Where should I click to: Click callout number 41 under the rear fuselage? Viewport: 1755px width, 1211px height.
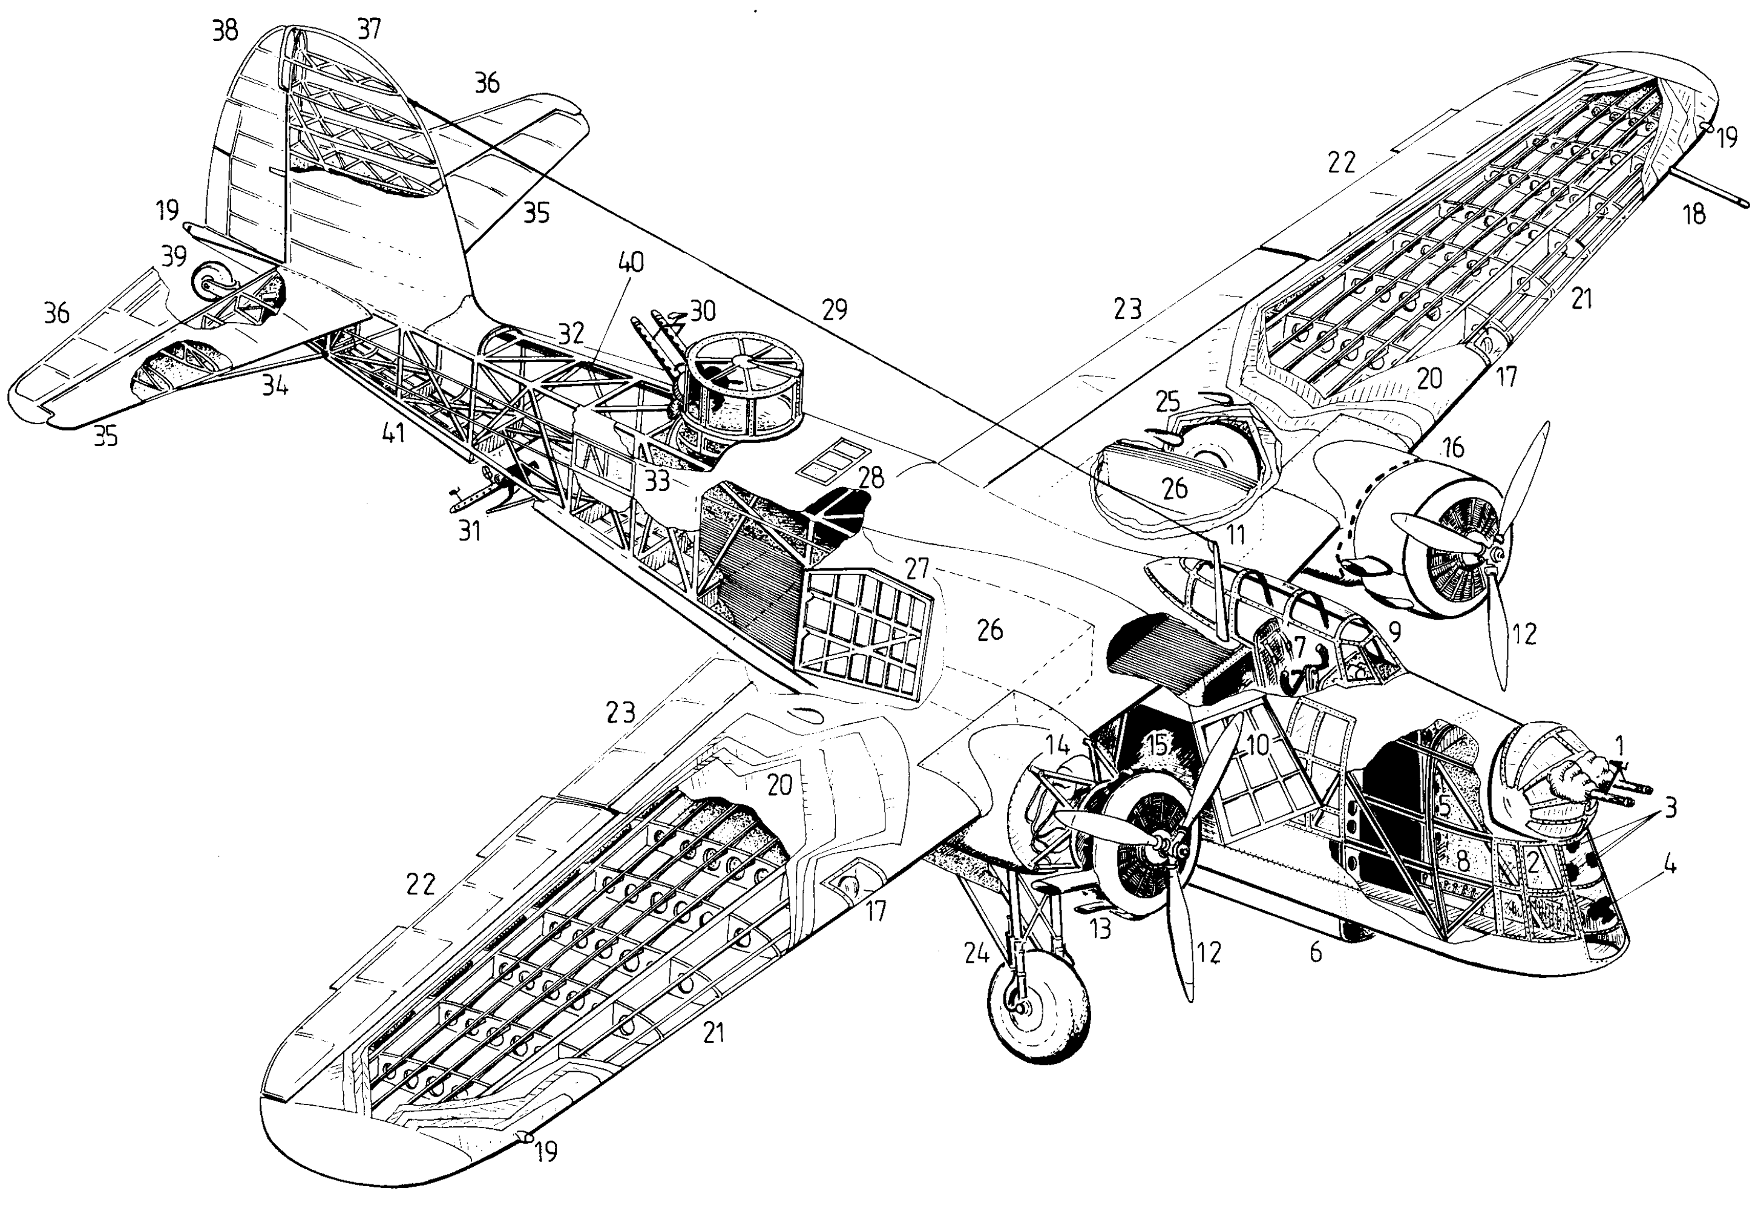[x=393, y=434]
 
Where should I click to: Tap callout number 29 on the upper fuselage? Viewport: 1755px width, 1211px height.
[x=835, y=310]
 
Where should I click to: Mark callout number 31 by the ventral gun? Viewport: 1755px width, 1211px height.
[x=470, y=530]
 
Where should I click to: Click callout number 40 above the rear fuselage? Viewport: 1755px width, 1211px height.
[x=631, y=263]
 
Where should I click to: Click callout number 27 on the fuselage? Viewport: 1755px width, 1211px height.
[x=917, y=568]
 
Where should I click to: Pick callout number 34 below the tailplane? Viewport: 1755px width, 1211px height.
[x=275, y=386]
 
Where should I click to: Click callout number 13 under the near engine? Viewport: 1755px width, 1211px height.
[x=1100, y=927]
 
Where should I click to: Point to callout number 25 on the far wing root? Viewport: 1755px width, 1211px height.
[x=1169, y=401]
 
